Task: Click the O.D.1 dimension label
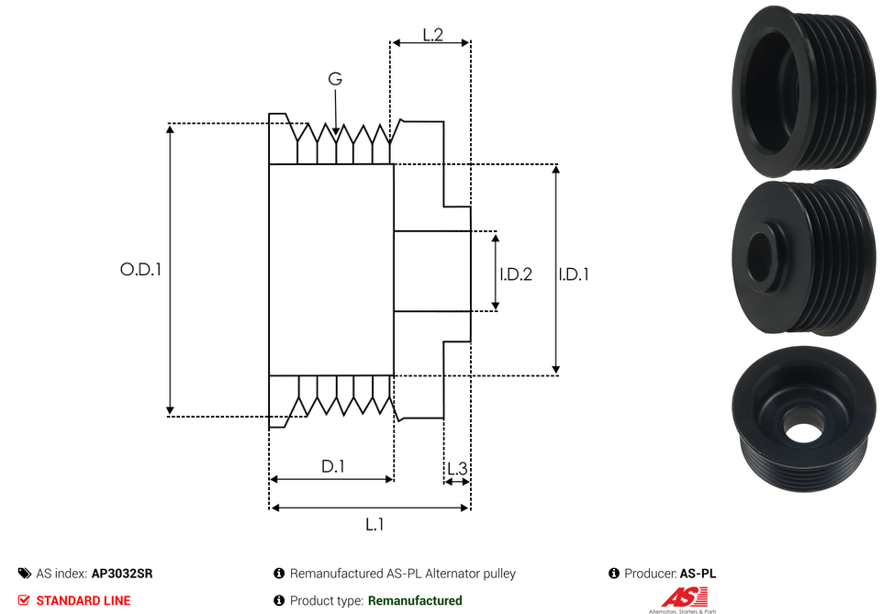tap(140, 270)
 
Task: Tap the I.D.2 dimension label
tap(516, 274)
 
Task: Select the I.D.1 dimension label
tap(574, 274)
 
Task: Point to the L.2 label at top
tap(433, 35)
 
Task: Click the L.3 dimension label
tap(456, 469)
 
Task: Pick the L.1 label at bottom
tap(374, 525)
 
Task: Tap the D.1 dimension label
tap(332, 466)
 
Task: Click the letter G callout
tap(335, 80)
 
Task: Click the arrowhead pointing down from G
tap(337, 134)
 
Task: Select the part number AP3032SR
tap(122, 574)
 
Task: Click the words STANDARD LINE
tap(83, 600)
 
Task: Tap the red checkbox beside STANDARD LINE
tap(24, 600)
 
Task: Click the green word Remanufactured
tap(414, 600)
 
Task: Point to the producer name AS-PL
tap(698, 574)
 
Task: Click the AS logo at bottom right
tap(681, 598)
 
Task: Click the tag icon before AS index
tap(24, 574)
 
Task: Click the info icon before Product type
tap(279, 600)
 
